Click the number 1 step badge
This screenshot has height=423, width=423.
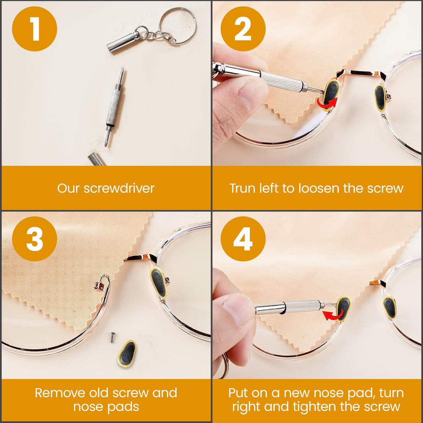pos(35,29)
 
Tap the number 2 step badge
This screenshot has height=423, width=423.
pos(243,29)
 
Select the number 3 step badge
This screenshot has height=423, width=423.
pos(35,239)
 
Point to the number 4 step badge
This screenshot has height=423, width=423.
pos(243,239)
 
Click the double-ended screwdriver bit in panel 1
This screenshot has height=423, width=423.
pos(114,106)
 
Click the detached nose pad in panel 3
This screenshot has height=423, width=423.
pos(126,352)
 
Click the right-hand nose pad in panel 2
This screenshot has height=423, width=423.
pos(380,97)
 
